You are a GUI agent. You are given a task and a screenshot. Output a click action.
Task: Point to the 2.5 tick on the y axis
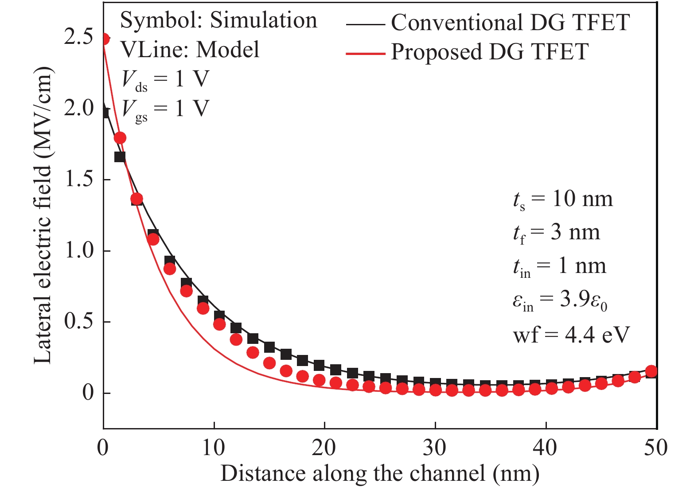click(79, 37)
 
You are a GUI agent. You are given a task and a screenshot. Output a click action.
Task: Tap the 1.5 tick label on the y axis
click(79, 179)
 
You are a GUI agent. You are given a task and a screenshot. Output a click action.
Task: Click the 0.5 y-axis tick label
click(79, 322)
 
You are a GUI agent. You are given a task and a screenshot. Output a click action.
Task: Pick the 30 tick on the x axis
click(435, 448)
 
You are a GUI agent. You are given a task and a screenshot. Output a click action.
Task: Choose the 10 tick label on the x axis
click(214, 448)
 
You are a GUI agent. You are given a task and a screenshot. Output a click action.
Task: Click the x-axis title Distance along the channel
click(380, 474)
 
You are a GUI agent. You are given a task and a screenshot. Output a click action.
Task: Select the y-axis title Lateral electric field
click(43, 216)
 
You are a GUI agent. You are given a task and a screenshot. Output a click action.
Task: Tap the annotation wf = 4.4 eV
click(571, 335)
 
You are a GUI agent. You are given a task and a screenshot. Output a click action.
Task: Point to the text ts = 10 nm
click(563, 199)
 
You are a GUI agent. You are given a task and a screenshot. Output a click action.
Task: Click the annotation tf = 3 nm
click(557, 233)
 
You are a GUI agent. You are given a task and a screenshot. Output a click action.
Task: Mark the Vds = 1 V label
click(165, 80)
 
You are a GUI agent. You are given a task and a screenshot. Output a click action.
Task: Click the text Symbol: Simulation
click(219, 20)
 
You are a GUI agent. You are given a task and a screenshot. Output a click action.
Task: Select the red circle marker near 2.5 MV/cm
click(104, 39)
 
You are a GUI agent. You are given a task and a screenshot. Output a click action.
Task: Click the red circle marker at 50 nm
click(651, 371)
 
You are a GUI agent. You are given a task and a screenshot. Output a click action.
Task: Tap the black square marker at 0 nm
click(105, 112)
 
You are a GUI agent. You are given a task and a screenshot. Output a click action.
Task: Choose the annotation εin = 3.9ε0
click(560, 300)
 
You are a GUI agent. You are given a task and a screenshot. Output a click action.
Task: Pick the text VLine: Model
click(190, 50)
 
